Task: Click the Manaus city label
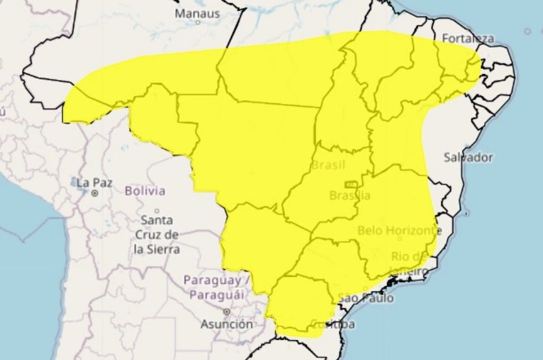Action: pos(198,12)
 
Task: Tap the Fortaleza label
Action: pos(467,38)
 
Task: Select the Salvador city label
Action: pos(469,157)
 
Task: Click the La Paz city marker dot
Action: pos(95,193)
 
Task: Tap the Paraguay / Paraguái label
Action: pos(217,287)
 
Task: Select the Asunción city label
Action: pos(226,324)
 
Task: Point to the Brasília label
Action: pos(350,196)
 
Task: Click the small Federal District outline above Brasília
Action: pos(351,185)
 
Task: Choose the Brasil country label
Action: pos(328,165)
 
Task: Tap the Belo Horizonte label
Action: pos(396,231)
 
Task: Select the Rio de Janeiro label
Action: pos(410,263)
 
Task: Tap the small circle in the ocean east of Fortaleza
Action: pos(527,31)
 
